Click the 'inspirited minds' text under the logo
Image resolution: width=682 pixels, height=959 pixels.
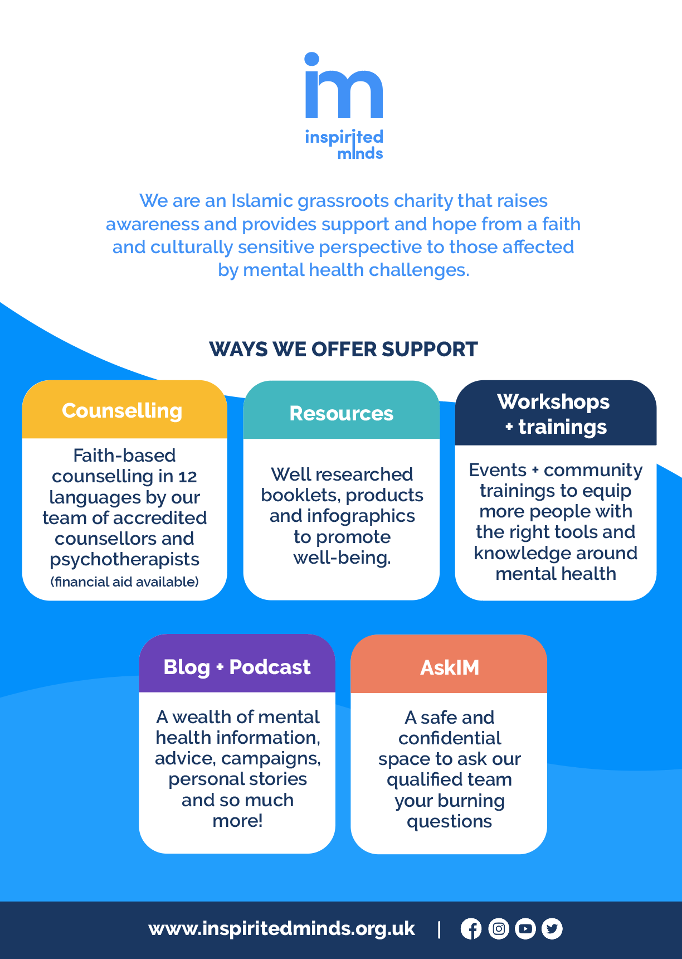(344, 144)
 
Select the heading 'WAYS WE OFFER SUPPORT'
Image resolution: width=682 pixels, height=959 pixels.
(343, 350)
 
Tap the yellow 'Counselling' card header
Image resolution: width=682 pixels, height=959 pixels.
(124, 410)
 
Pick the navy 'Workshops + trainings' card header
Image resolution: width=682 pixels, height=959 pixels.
(556, 413)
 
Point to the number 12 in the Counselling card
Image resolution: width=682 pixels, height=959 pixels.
(188, 477)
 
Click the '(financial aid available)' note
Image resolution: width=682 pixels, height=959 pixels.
(125, 582)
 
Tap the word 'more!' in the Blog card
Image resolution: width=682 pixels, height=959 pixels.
(237, 821)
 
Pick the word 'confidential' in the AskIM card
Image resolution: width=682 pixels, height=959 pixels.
(450, 738)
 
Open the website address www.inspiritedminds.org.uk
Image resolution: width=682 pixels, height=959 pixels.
(282, 929)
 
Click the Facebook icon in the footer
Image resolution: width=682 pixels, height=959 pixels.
(471, 929)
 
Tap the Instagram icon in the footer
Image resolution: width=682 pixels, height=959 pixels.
(499, 929)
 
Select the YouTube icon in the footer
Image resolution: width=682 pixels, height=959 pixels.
(525, 929)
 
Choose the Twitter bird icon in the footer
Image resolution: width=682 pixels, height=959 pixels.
(552, 929)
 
